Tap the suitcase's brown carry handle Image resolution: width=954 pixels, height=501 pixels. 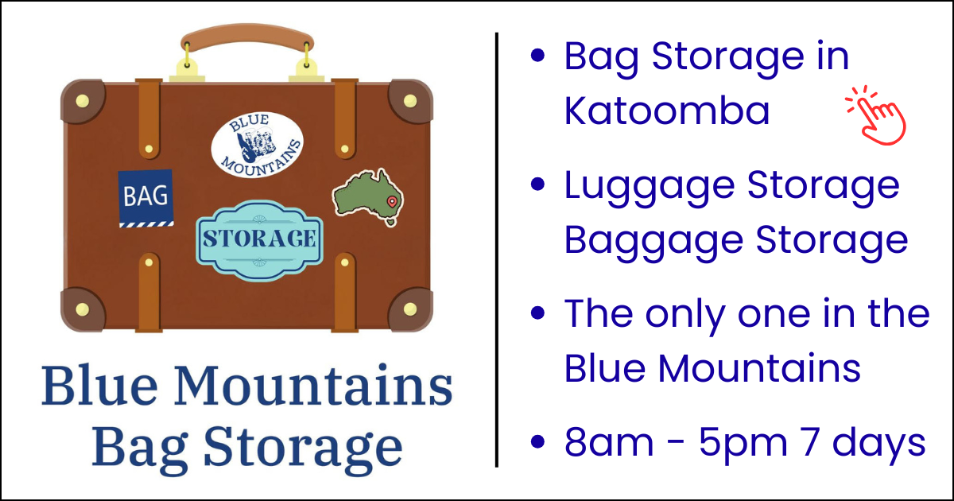coord(247,37)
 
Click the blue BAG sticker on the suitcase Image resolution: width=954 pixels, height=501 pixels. coord(145,198)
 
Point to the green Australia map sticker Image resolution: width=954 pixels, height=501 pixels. coord(367,197)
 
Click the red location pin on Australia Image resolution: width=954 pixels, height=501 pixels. coord(392,202)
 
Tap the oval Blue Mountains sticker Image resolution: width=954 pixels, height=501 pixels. coord(258,145)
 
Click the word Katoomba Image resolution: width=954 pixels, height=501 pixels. coord(667,111)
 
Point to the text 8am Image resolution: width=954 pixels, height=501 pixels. coord(609,442)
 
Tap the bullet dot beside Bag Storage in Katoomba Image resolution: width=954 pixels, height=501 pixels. coord(538,56)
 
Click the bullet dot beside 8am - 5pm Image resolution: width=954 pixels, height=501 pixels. coord(538,442)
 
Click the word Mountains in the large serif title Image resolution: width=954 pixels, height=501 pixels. coord(313,385)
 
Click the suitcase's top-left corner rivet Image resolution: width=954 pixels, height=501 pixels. coord(82,101)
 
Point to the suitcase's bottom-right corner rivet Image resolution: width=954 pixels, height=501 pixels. coord(410,309)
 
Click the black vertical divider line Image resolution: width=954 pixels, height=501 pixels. coord(497,250)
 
